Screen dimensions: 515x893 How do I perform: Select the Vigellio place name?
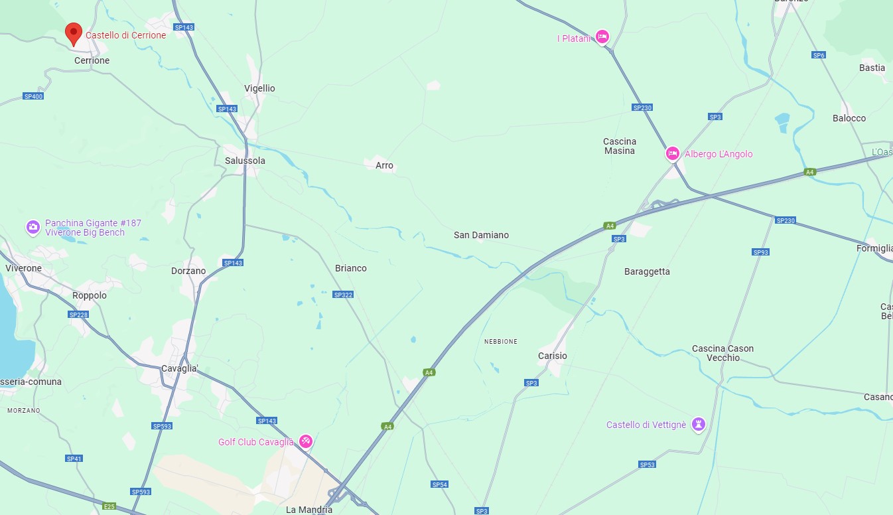point(259,88)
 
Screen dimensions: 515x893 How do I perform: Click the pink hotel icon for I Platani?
point(602,37)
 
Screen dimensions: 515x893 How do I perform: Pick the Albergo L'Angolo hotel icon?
point(672,154)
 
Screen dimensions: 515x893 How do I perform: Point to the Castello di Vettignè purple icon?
point(698,423)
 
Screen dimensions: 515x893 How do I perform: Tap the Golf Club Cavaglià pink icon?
point(305,441)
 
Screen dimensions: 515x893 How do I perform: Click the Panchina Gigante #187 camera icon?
point(33,228)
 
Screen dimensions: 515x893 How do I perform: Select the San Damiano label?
point(481,235)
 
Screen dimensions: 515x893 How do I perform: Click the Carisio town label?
point(552,356)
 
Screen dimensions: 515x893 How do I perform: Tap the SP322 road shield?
point(343,295)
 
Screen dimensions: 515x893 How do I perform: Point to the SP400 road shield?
point(33,96)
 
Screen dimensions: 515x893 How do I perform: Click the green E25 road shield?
point(109,506)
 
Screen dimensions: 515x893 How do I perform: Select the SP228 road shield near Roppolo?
point(78,315)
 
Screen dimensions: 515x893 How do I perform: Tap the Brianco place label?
point(351,268)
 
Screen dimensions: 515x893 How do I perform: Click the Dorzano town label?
point(188,271)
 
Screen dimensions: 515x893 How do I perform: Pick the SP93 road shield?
point(761,252)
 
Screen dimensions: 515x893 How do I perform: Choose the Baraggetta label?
point(647,271)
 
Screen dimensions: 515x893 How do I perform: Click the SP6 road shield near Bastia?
point(819,55)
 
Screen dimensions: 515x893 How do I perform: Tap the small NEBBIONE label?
point(501,341)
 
